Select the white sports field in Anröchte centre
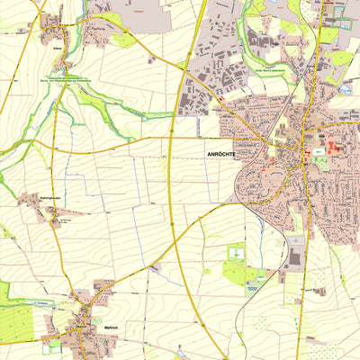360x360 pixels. tap(319, 155)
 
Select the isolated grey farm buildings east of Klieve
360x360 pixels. tap(152, 60)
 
